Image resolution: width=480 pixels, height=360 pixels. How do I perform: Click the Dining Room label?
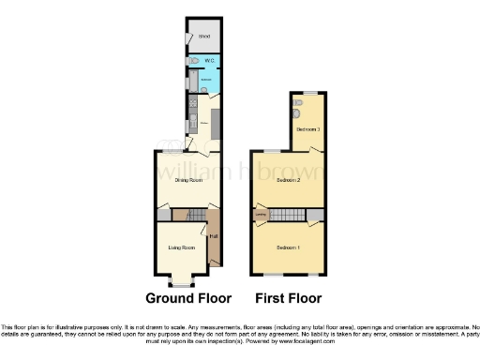[x=189, y=180]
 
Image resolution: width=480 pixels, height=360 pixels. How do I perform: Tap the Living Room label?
[x=181, y=247]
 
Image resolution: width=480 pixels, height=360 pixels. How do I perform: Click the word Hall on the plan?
[x=214, y=236]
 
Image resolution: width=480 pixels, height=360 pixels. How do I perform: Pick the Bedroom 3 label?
[x=308, y=128]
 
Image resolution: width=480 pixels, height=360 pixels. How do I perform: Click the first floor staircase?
[x=292, y=217]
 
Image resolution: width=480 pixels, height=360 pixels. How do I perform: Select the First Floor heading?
[x=290, y=299]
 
